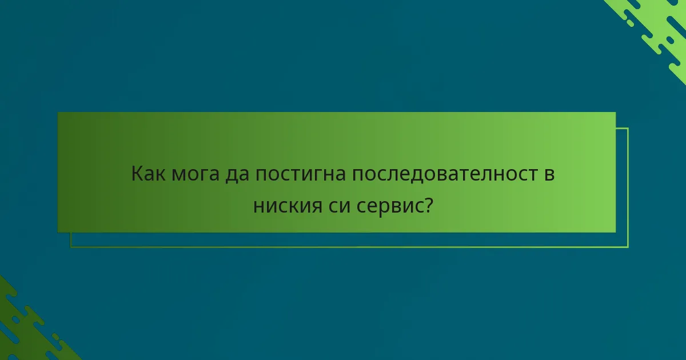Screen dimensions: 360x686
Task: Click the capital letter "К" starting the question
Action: point(137,174)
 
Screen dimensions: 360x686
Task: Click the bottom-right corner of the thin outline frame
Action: point(628,247)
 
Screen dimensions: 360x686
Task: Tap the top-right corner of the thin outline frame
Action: point(628,128)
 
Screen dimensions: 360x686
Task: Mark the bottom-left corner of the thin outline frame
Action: point(71,247)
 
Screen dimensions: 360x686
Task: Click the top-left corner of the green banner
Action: point(58,113)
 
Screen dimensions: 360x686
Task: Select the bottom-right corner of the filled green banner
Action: point(615,232)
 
